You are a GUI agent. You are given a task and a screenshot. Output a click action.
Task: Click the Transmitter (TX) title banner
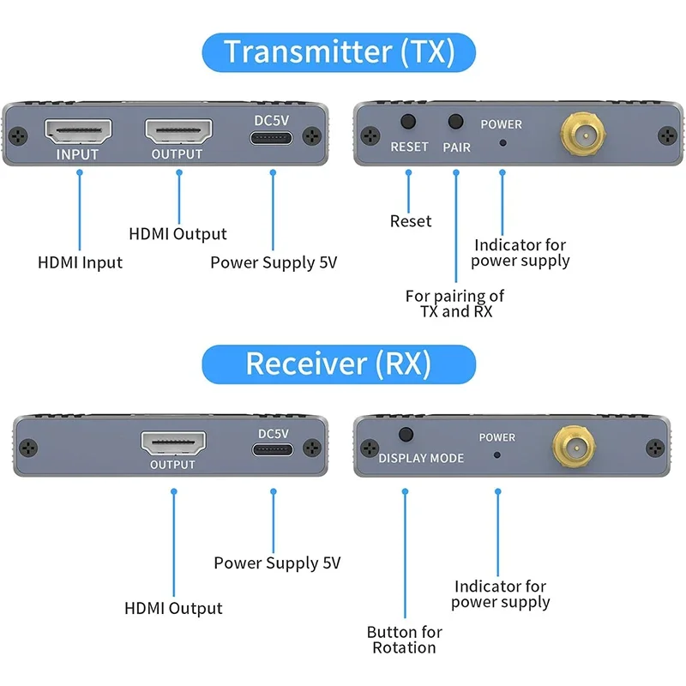pyautogui.click(x=339, y=52)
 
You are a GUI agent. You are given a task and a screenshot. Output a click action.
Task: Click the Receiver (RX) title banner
pyautogui.click(x=339, y=364)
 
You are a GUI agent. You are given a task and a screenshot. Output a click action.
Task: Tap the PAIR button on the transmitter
pyautogui.click(x=456, y=123)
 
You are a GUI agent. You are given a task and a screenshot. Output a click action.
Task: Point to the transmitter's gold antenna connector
pyautogui.click(x=582, y=134)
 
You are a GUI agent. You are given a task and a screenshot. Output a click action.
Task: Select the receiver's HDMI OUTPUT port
pyautogui.click(x=173, y=443)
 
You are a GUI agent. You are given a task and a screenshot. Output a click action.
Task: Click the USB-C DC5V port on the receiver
pyautogui.click(x=273, y=450)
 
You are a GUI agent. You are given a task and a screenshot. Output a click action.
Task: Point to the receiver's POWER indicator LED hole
pyautogui.click(x=496, y=454)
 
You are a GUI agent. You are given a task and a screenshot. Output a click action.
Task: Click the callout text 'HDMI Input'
pyautogui.click(x=80, y=262)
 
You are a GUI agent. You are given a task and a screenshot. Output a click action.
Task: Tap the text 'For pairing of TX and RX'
pyautogui.click(x=455, y=304)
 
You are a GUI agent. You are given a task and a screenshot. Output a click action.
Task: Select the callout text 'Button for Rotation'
pyautogui.click(x=404, y=640)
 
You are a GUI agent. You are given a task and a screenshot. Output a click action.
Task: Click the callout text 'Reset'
pyautogui.click(x=411, y=221)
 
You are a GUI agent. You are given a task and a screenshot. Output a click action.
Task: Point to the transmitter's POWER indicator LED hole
pyautogui.click(x=502, y=143)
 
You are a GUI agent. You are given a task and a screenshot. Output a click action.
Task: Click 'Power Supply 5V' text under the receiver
pyautogui.click(x=277, y=563)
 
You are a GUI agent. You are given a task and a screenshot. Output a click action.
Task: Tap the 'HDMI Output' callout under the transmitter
pyautogui.click(x=178, y=234)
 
